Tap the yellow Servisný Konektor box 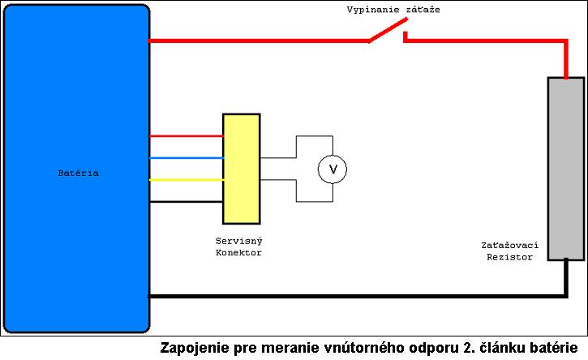(242, 169)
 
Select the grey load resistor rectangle (566, 169)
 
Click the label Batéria (79, 174)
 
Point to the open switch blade (388, 30)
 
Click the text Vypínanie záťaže (393, 10)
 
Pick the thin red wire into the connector (187, 136)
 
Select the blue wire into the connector (187, 158)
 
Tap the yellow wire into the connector (187, 180)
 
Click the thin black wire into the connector (187, 202)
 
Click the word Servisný (239, 241)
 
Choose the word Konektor (238, 253)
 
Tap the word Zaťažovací (509, 245)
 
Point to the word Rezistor (509, 257)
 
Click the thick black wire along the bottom (358, 296)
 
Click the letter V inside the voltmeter (333, 169)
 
